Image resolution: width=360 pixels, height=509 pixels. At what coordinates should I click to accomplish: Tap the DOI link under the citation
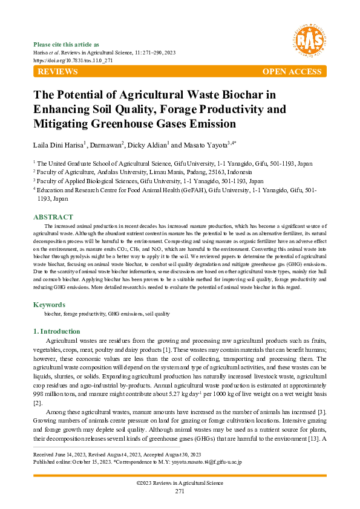pos(65,61)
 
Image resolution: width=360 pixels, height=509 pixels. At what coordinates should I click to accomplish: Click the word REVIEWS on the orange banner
pos(57,72)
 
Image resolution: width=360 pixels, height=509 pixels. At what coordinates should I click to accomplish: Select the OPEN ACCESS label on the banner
pos(292,72)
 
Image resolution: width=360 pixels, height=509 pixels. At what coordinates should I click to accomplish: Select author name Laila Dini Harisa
pos(57,145)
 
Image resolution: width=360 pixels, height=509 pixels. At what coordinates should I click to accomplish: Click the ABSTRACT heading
pos(53,217)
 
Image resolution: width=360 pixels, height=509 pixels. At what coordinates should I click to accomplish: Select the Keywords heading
pos(49,305)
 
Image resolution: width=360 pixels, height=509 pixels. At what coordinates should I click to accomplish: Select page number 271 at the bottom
pos(180,491)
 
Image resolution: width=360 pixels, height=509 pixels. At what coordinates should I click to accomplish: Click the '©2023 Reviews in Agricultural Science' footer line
pos(180,483)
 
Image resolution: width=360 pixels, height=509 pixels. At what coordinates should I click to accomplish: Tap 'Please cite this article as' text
pos(67,44)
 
